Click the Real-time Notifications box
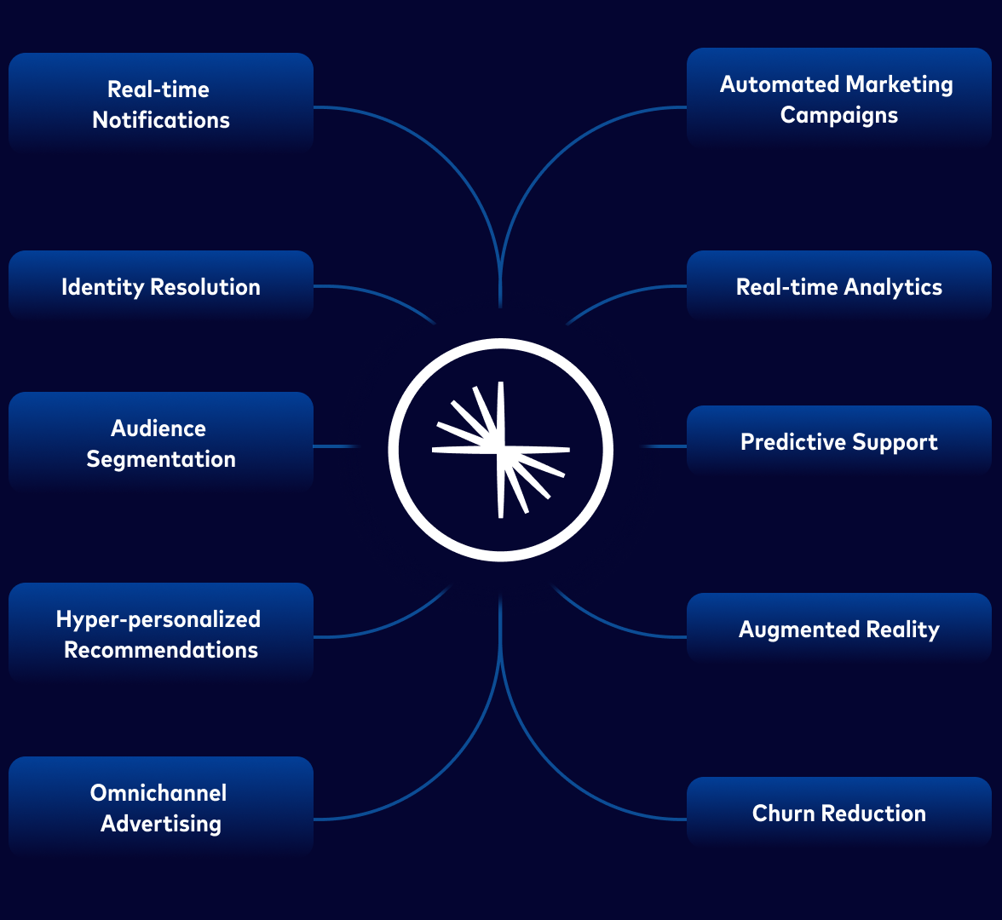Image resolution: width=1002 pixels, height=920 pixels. point(161,104)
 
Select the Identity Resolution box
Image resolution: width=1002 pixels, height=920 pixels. point(161,286)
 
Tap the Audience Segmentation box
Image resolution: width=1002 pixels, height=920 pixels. point(161,443)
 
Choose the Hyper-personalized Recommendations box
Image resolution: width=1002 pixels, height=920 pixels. point(161,634)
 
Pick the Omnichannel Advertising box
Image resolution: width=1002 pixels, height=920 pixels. point(161,808)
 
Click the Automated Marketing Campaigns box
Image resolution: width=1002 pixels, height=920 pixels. point(838,99)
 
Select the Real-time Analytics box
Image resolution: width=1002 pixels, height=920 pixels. point(838,286)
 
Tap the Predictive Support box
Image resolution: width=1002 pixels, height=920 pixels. point(838,441)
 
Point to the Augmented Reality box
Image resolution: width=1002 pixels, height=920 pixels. point(838,629)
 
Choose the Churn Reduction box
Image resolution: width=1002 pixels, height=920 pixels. point(838,813)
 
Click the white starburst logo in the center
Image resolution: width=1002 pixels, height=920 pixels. point(501,449)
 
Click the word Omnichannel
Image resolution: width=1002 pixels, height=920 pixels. point(158,793)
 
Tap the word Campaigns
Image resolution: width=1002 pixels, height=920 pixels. point(839,115)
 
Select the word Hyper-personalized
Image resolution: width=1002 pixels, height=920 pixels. point(158,619)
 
